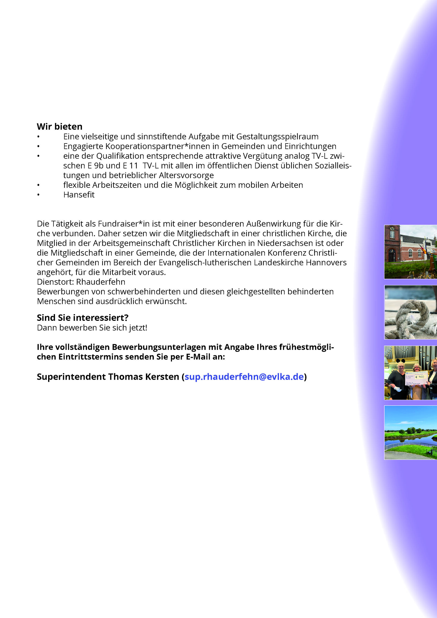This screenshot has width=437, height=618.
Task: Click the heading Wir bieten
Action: tap(59, 127)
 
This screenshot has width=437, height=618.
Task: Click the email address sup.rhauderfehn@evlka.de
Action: tap(244, 376)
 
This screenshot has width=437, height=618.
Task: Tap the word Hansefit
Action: tap(79, 195)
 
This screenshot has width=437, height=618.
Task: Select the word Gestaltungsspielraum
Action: tap(277, 137)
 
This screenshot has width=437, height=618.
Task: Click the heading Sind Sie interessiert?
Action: tap(83, 318)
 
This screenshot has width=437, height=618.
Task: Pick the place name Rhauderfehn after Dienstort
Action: tap(101, 282)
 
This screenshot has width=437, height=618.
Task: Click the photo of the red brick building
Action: tap(410, 252)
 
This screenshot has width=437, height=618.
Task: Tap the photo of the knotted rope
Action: tap(410, 312)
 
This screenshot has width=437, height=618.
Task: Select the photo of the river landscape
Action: tap(410, 433)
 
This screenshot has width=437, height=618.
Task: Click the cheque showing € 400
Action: tap(417, 378)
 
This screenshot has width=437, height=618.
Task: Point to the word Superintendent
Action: tap(71, 376)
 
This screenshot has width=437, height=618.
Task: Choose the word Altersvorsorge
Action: tap(186, 175)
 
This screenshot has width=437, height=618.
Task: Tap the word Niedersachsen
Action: tap(285, 243)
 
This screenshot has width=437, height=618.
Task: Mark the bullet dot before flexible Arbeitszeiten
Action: tap(38, 185)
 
